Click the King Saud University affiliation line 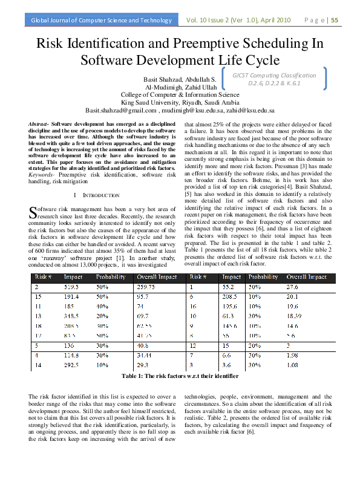(x=180, y=103)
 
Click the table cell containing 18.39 (x=295, y=316)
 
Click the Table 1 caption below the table (x=180, y=377)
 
